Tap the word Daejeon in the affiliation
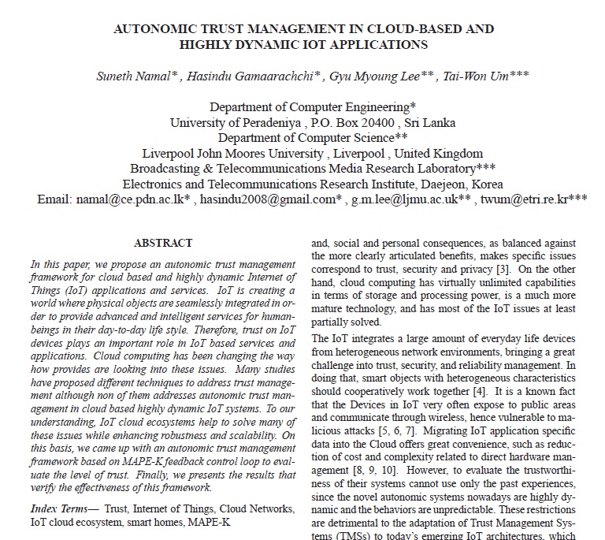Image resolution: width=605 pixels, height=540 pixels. click(x=448, y=184)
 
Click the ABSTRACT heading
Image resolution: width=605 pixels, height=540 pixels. click(x=163, y=244)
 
